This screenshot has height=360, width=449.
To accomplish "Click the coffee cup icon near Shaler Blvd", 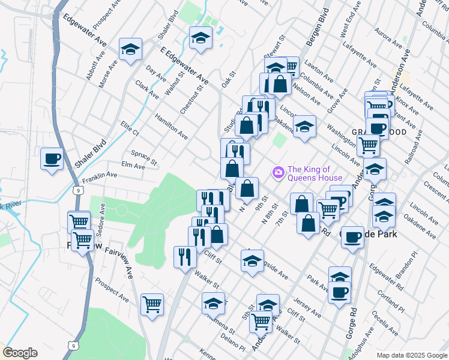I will coord(52,159).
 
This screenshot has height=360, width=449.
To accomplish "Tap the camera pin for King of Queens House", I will coord(277,173).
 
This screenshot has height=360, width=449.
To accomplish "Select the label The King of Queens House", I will coord(315,173).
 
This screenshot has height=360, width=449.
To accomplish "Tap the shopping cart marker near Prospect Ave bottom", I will coord(152,304).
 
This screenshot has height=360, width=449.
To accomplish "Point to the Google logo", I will coord(20,353).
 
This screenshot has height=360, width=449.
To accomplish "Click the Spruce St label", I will coord(144,157).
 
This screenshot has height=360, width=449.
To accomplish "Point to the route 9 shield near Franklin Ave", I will coord(79,190).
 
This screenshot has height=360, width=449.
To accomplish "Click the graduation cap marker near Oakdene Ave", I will coord(304,126).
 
